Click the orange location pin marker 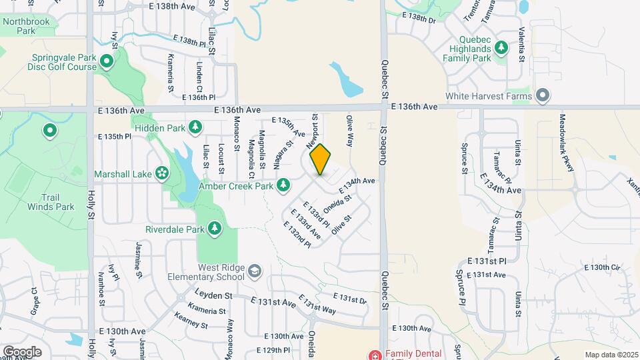click(320, 160)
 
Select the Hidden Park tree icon click(195, 127)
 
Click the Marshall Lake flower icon click(161, 173)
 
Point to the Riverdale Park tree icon click(215, 229)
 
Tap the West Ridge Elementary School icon click(254, 271)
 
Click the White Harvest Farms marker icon click(542, 96)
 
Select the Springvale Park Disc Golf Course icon click(107, 63)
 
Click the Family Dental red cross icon click(374, 353)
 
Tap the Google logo click(22, 351)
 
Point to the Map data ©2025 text click(611, 355)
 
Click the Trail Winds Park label click(51, 202)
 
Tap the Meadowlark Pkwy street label click(567, 143)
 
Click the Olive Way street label click(348, 130)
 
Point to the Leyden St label click(213, 294)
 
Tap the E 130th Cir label click(602, 267)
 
